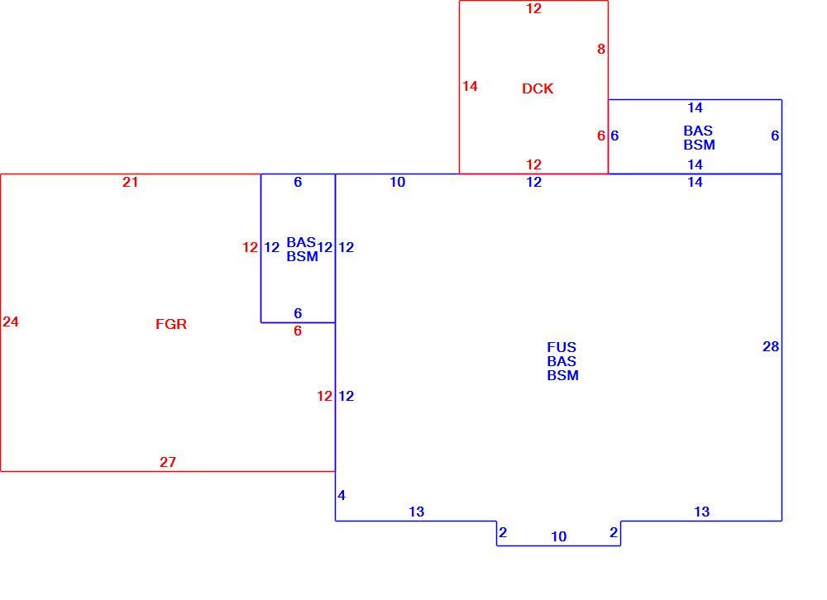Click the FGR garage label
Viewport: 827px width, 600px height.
point(171,324)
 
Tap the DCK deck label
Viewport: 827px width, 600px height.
point(538,88)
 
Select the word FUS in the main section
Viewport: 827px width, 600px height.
point(562,347)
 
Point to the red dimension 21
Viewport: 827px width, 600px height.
point(131,182)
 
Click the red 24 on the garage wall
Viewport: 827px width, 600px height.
point(11,321)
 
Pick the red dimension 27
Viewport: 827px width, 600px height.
point(168,462)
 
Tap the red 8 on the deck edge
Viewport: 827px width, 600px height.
point(600,49)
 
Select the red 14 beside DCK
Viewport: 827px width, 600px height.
point(470,86)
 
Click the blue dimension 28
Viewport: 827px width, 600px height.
point(771,346)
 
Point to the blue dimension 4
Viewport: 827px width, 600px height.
point(342,495)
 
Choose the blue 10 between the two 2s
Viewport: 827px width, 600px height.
point(558,536)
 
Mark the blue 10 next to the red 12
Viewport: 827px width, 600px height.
point(397,182)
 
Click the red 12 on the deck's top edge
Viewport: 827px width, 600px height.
point(533,8)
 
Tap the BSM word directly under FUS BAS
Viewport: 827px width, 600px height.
point(562,375)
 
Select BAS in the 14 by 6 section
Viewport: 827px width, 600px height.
point(698,131)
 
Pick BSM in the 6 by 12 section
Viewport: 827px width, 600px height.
point(302,256)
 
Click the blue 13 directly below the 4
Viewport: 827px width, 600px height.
point(416,512)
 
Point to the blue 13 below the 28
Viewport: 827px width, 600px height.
point(701,512)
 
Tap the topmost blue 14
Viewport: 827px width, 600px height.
point(696,107)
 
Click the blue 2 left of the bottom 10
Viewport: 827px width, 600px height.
point(503,532)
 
